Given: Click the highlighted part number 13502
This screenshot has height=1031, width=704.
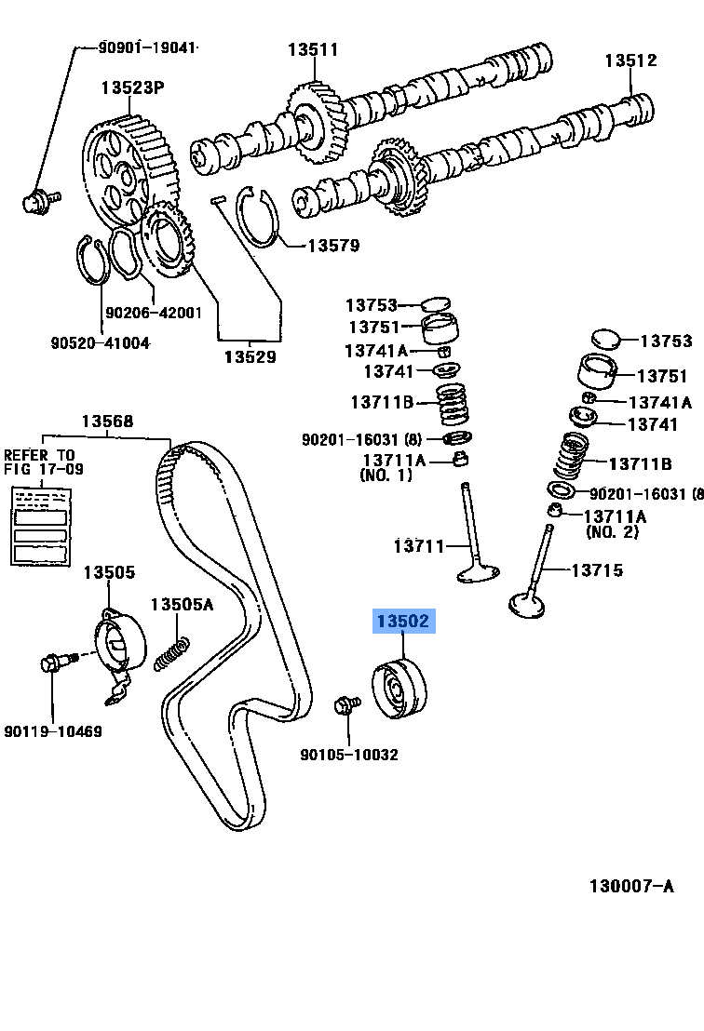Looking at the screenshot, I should coord(403,621).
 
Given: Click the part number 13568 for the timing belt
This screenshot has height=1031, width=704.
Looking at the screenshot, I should coord(106,422).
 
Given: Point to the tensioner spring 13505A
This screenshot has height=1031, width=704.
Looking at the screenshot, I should coord(172,650).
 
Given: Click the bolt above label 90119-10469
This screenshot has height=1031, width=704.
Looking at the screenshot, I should coord(53,665).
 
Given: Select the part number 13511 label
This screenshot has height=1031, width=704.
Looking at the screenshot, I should coord(313,50).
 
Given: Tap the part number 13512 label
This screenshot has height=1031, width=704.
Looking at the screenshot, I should coord(630,60).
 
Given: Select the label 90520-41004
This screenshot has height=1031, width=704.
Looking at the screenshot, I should coord(100,342).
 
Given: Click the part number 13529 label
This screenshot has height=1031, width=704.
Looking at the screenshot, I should coord(249,356).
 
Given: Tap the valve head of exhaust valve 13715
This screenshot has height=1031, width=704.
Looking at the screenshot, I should coord(528,605).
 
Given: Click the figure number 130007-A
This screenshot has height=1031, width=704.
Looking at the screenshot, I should coord(630,886).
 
